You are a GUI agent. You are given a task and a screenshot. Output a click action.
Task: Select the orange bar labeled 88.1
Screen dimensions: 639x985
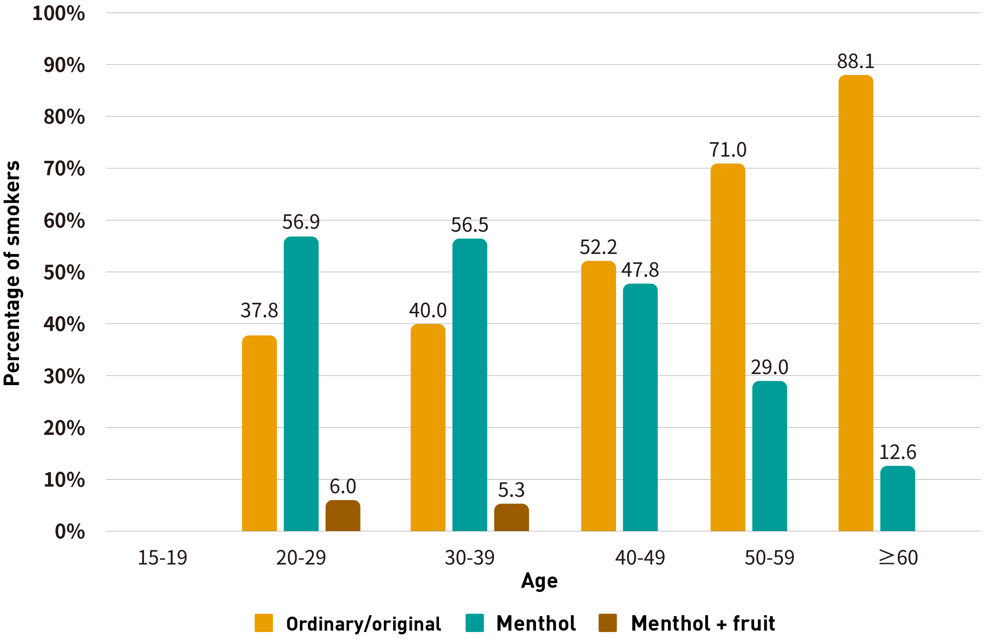(x=855, y=303)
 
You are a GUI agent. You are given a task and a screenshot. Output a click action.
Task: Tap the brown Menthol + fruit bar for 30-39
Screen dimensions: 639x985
(x=511, y=517)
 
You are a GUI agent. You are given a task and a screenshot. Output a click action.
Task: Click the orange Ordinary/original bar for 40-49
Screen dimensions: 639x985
(x=598, y=396)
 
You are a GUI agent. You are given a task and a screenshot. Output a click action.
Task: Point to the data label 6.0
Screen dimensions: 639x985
(x=342, y=487)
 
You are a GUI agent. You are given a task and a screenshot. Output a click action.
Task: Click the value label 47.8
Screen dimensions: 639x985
(x=640, y=270)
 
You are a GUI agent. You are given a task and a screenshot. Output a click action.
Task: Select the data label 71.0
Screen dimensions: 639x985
(x=728, y=150)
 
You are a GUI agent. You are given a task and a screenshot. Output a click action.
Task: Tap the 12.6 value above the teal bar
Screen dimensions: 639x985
(x=897, y=452)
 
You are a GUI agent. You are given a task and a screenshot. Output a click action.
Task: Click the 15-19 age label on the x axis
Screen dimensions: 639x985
(x=162, y=557)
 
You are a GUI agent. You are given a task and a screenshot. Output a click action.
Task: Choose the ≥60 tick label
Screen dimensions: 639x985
(x=898, y=557)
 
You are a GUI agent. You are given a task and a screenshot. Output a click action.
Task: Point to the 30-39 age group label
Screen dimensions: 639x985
(x=469, y=557)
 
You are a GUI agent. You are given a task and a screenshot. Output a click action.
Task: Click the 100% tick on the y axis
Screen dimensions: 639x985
(x=58, y=13)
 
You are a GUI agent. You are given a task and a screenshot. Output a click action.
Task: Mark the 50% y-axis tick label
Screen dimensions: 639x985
(x=64, y=272)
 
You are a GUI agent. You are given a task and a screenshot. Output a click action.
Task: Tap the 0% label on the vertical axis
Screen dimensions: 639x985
(x=69, y=531)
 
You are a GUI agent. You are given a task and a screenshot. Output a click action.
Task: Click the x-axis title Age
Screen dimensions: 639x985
(x=539, y=581)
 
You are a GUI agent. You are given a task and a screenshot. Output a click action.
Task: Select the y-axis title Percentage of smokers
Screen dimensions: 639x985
(x=13, y=273)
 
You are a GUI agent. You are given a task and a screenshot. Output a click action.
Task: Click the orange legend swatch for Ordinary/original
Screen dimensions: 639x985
(x=264, y=623)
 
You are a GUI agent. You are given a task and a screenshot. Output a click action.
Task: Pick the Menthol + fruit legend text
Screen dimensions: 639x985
(x=702, y=623)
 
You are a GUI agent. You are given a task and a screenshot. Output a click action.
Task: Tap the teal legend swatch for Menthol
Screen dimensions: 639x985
(x=474, y=623)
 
